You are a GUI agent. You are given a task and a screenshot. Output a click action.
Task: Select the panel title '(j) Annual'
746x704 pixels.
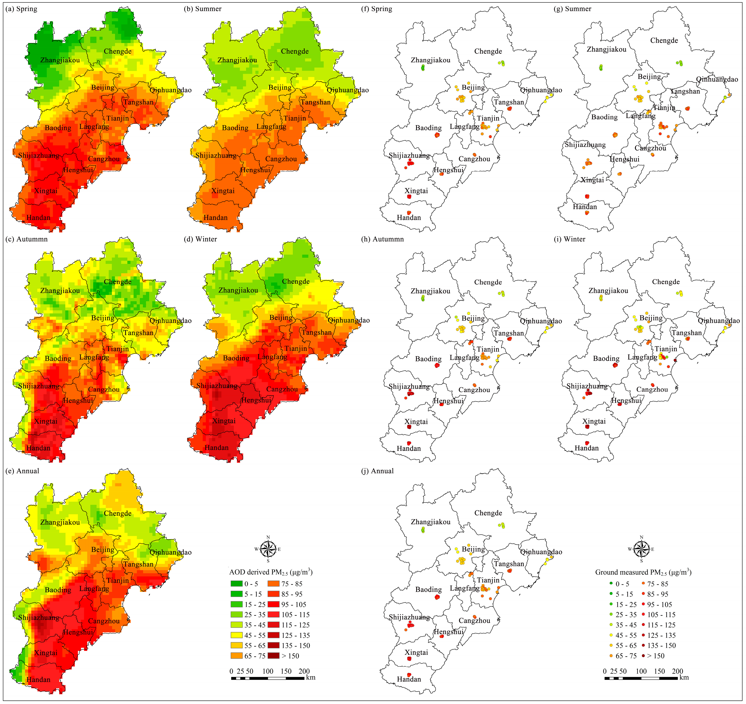377,471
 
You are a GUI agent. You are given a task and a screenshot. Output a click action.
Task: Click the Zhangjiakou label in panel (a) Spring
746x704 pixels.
60,60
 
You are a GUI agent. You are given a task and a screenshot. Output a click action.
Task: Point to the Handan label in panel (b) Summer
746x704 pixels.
215,218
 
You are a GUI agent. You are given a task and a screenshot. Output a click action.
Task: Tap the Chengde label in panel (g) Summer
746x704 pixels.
664,40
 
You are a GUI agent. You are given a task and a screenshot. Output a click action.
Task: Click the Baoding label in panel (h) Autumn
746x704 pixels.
428,359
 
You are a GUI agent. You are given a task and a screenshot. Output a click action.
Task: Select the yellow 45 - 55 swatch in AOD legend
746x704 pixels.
236,635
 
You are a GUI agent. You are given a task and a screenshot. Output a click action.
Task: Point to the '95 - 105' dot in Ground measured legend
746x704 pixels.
643,604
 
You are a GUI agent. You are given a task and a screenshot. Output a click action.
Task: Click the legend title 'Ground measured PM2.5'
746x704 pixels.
643,572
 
